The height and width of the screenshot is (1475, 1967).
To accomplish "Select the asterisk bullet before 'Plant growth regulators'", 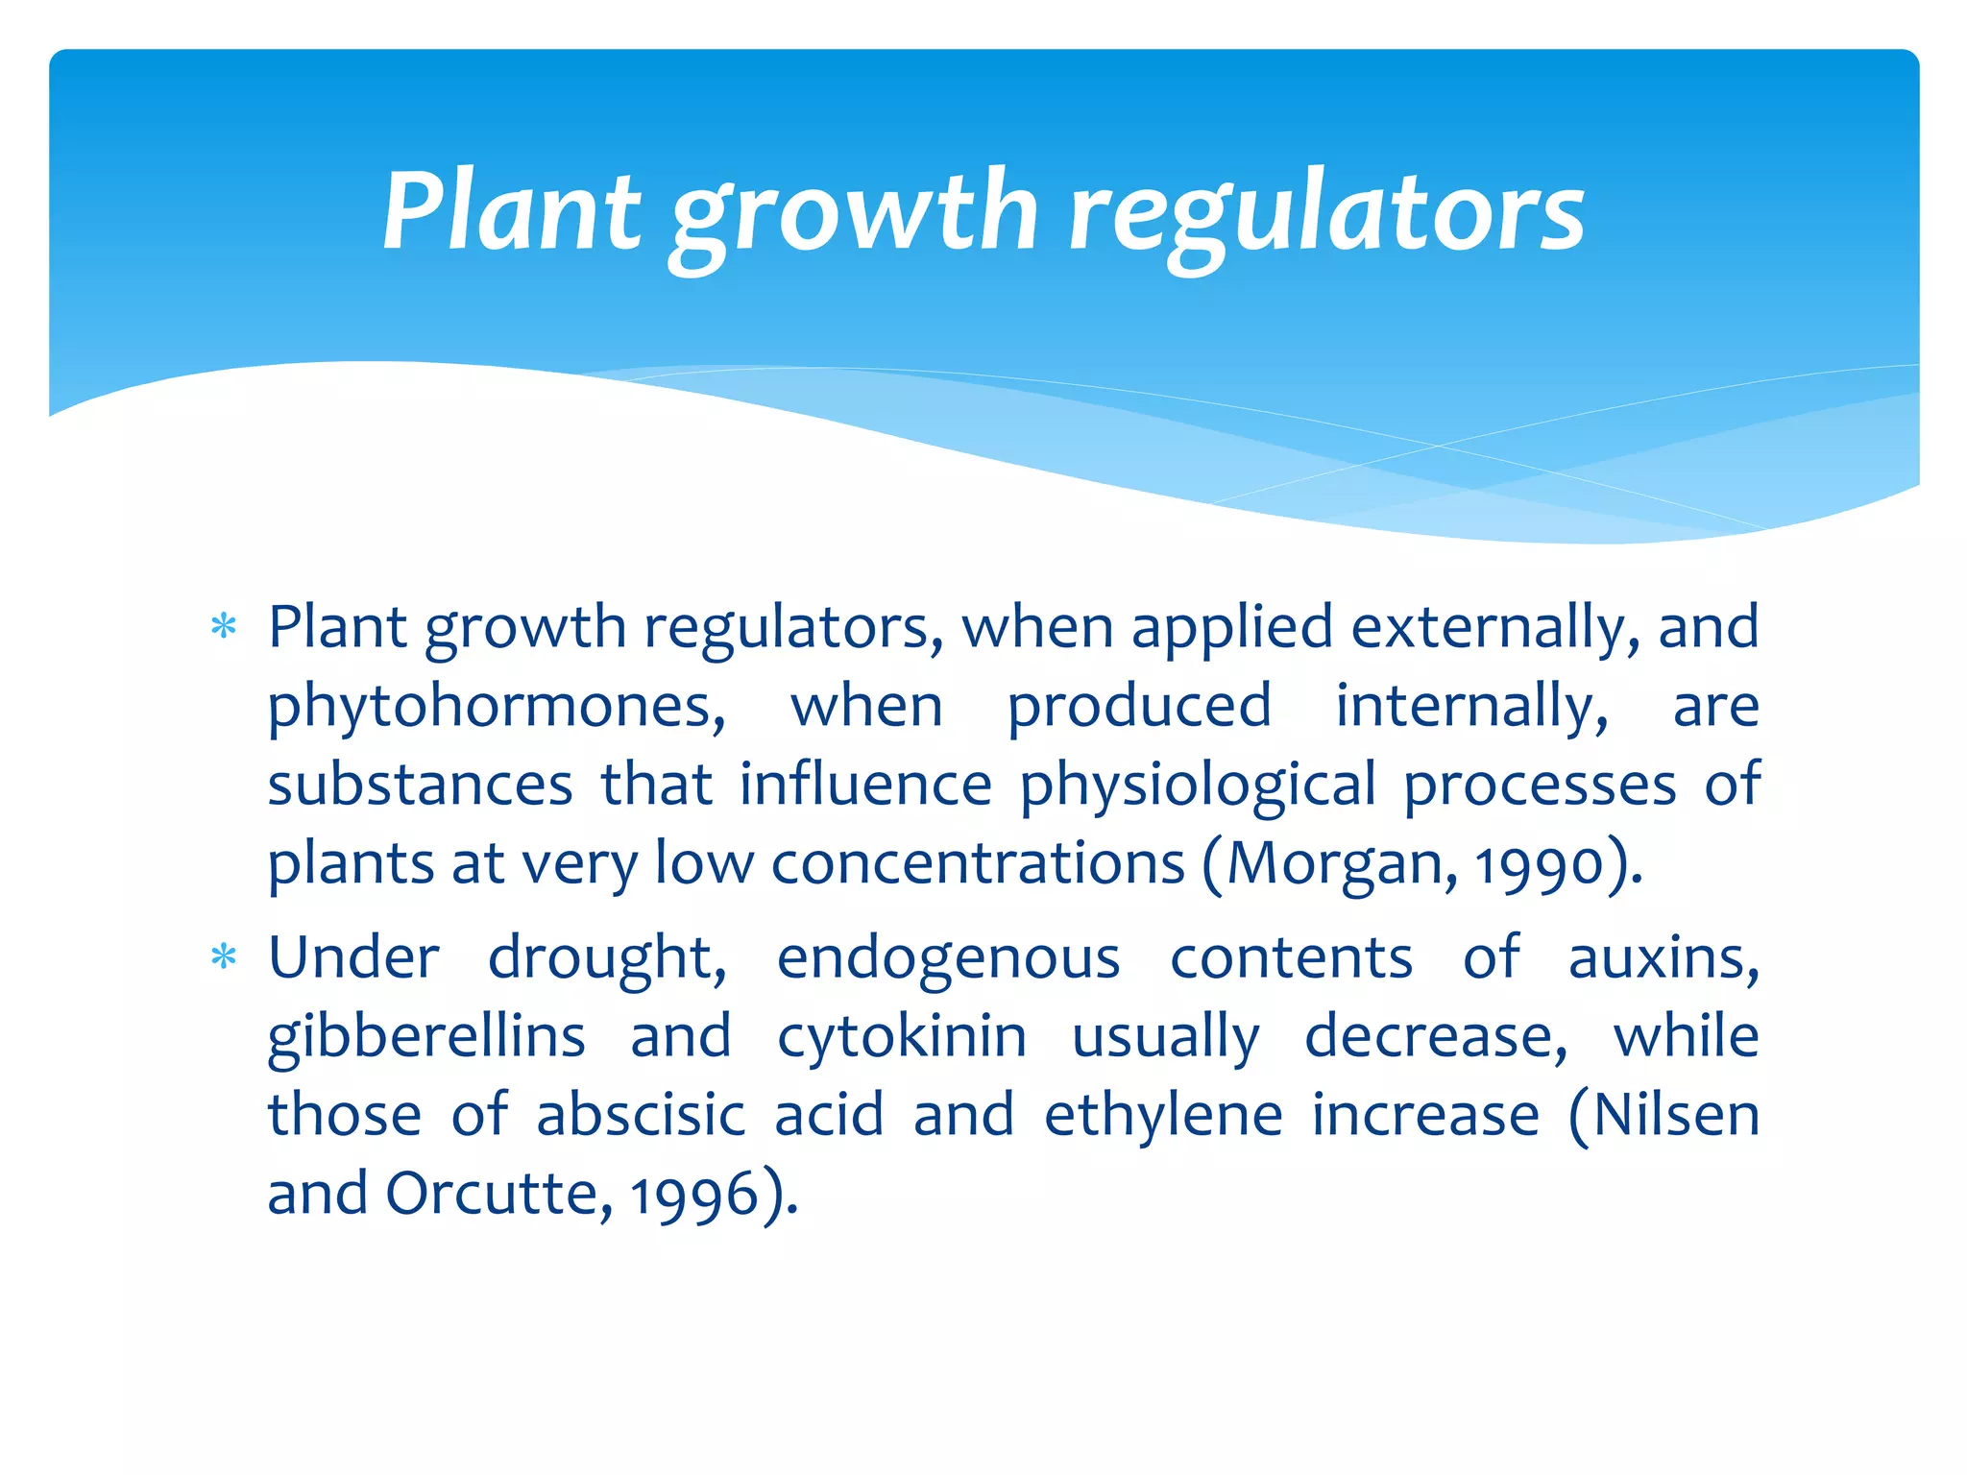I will click(224, 628).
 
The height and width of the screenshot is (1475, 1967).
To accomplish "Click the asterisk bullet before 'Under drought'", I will click(224, 957).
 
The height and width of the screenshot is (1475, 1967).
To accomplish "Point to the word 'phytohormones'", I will click(496, 709).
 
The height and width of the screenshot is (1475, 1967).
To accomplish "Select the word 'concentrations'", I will click(978, 863).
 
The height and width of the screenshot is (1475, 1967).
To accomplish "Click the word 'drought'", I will click(607, 958).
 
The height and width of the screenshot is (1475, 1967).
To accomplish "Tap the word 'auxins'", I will click(1663, 958).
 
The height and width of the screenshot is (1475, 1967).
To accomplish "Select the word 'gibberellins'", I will click(426, 1038).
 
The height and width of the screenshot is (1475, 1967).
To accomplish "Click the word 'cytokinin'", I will click(902, 1038).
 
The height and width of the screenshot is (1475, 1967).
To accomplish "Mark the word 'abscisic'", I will click(641, 1116).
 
